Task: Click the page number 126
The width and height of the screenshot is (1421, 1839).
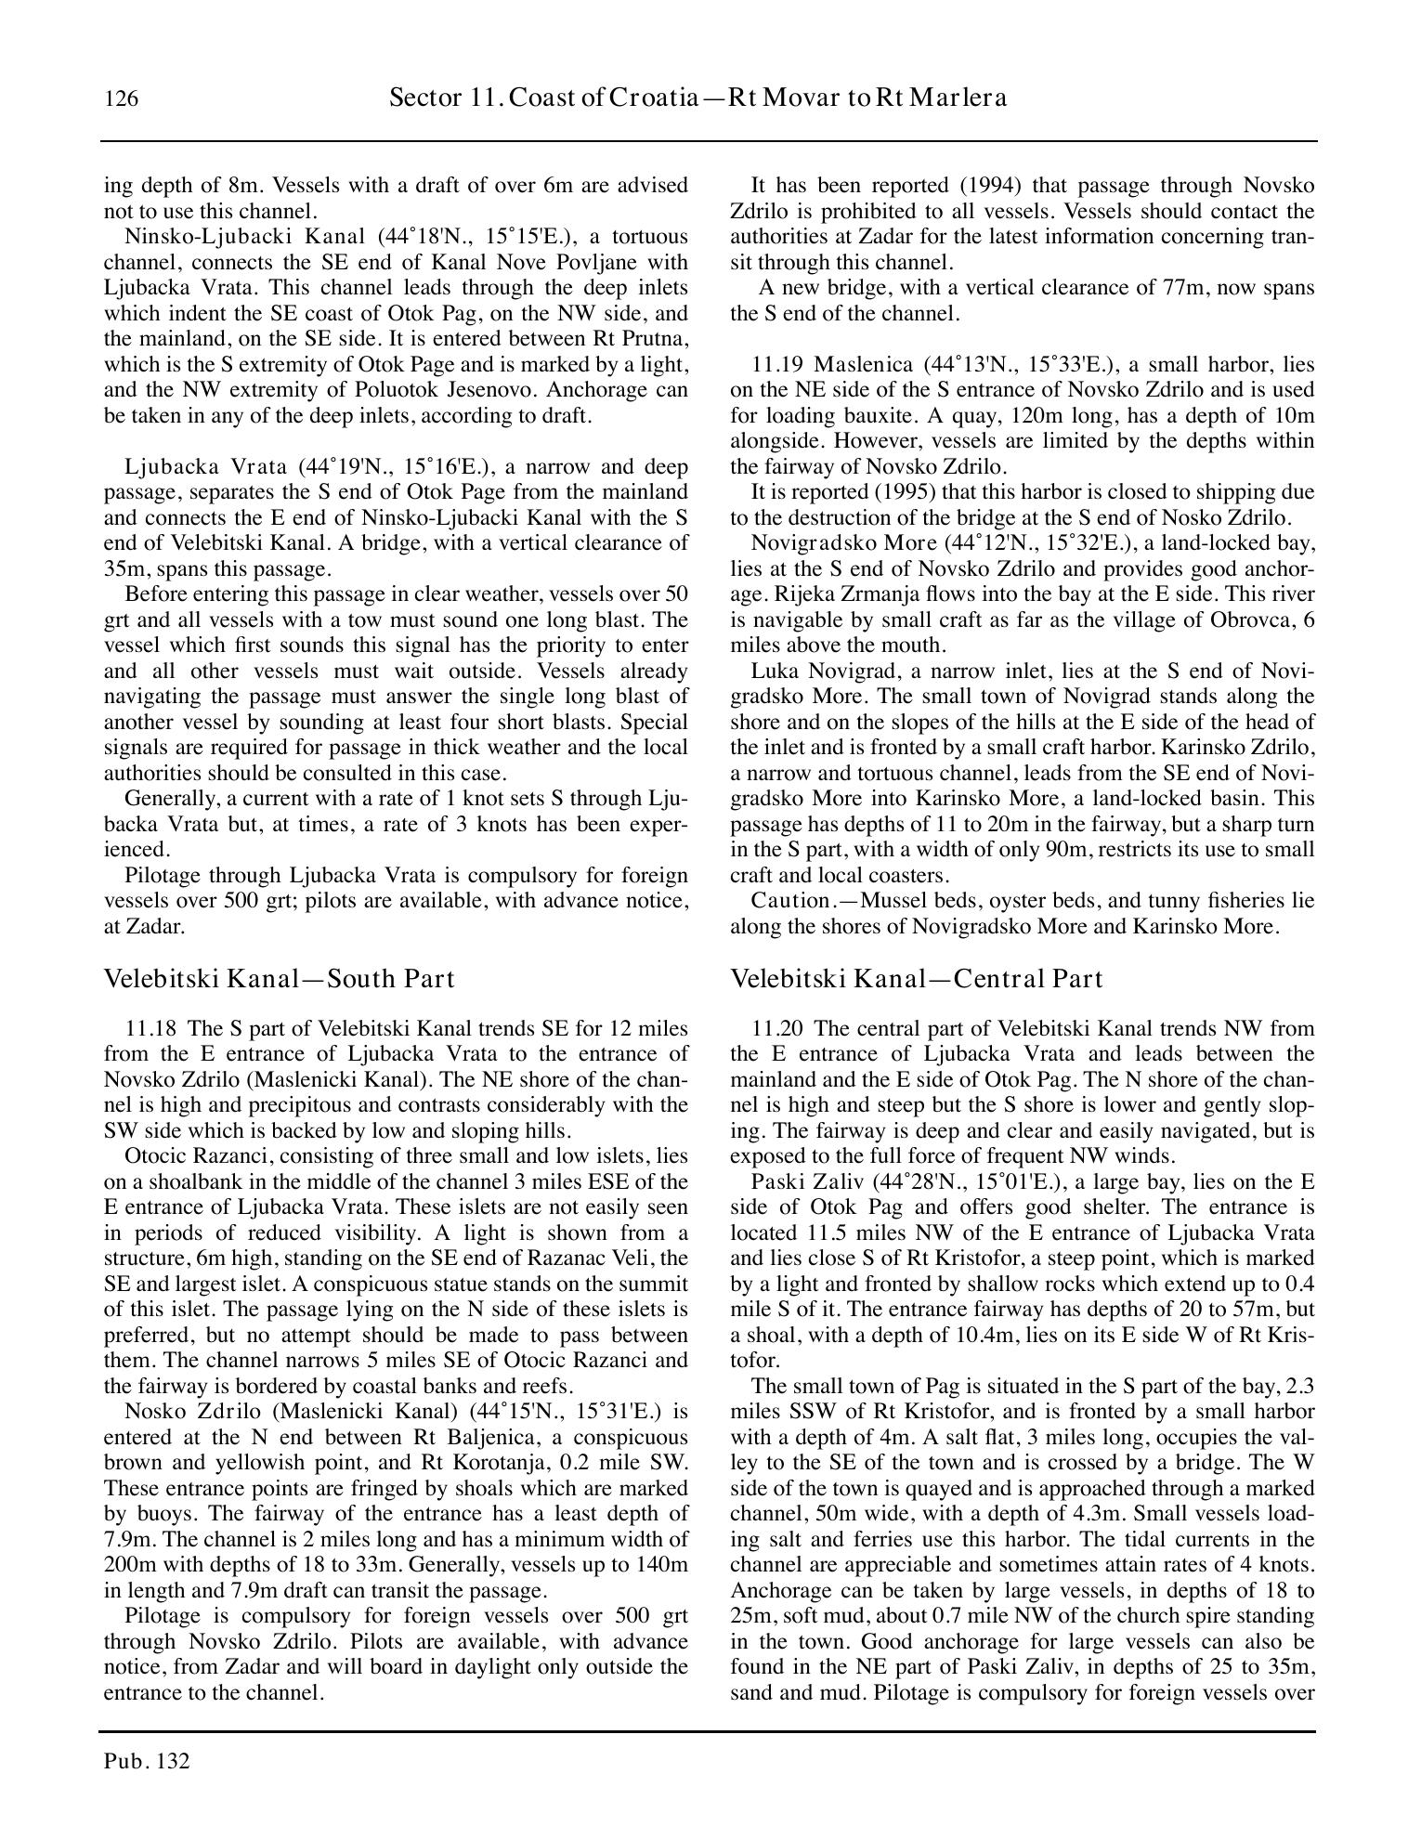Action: [x=122, y=98]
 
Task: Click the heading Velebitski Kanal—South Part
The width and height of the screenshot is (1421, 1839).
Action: [x=279, y=979]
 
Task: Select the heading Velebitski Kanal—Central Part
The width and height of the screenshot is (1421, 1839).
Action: [x=917, y=979]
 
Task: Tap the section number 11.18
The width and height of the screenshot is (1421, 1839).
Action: [x=150, y=1029]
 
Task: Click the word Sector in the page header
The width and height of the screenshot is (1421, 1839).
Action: [x=419, y=98]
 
